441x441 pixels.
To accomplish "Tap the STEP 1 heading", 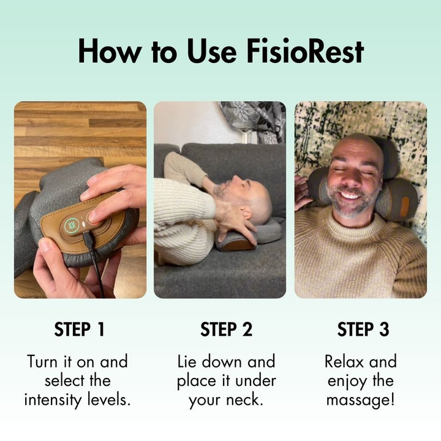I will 80,330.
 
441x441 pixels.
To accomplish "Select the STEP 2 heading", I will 226,330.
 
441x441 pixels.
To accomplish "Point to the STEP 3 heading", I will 363,330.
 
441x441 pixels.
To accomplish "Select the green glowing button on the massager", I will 72,225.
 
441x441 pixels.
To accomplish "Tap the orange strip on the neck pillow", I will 404,206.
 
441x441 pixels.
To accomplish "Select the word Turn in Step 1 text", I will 42,361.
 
